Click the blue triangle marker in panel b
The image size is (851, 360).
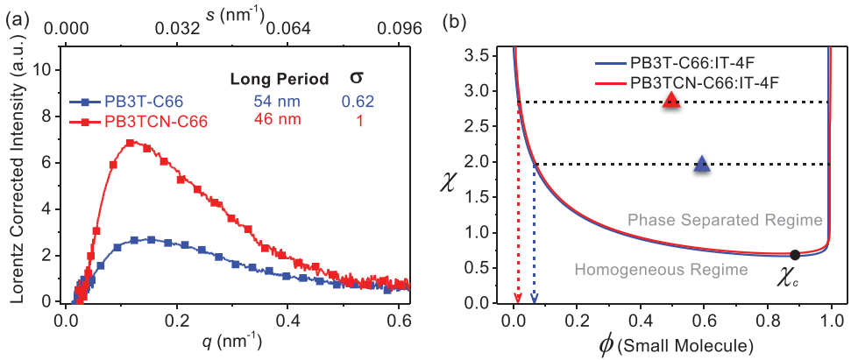point(701,163)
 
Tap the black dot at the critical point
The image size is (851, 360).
point(795,255)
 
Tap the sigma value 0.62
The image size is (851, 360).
point(357,101)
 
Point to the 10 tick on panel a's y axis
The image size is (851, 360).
point(50,70)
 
